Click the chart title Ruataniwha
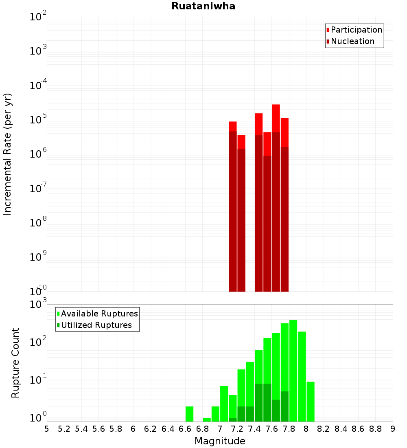(x=203, y=7)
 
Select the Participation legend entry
(x=356, y=30)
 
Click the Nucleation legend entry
(x=352, y=41)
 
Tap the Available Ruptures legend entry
(x=99, y=314)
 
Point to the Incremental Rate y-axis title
(x=8, y=154)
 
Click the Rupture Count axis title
(x=15, y=363)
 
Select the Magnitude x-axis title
(x=220, y=441)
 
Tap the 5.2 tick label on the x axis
(x=64, y=429)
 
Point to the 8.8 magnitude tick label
(x=375, y=429)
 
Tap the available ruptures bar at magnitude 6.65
(x=189, y=413)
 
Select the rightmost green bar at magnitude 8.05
(x=311, y=401)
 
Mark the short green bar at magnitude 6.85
(x=207, y=419)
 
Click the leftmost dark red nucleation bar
(x=233, y=212)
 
